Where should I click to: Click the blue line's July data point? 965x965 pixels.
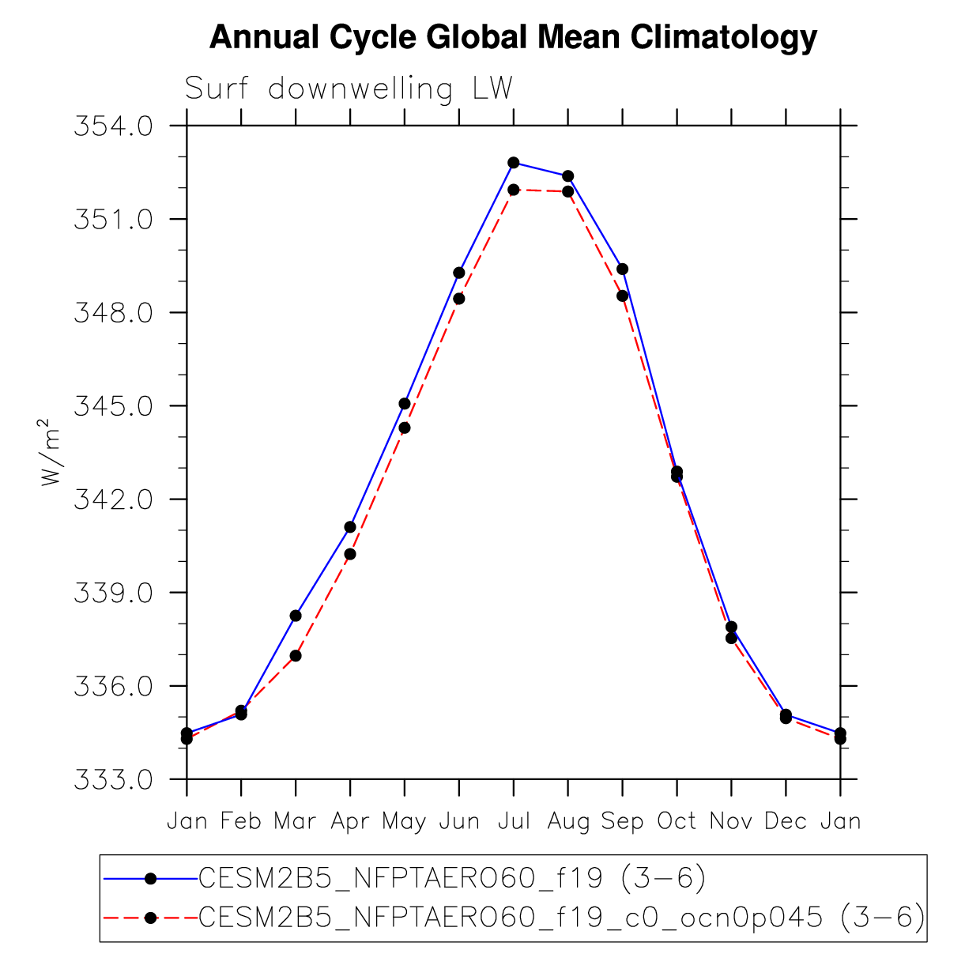click(x=514, y=163)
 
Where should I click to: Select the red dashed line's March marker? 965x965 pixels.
click(x=296, y=655)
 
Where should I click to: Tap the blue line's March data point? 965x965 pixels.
click(x=296, y=616)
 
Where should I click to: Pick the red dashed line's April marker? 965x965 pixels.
click(x=350, y=554)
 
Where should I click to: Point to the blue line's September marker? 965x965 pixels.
click(x=623, y=269)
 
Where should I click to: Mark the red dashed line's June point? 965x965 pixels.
click(x=459, y=299)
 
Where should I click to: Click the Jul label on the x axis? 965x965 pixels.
click(x=514, y=822)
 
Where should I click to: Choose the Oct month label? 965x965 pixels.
click(x=677, y=822)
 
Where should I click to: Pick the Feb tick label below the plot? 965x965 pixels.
click(x=241, y=822)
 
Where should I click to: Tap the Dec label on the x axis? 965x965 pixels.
click(x=786, y=822)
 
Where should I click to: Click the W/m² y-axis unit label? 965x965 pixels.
click(x=50, y=453)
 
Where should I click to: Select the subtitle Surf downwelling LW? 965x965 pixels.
click(x=349, y=89)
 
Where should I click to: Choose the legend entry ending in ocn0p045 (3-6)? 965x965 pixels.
click(x=561, y=918)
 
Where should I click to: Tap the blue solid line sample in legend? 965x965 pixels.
click(x=150, y=877)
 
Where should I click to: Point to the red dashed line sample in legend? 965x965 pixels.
click(x=150, y=918)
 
